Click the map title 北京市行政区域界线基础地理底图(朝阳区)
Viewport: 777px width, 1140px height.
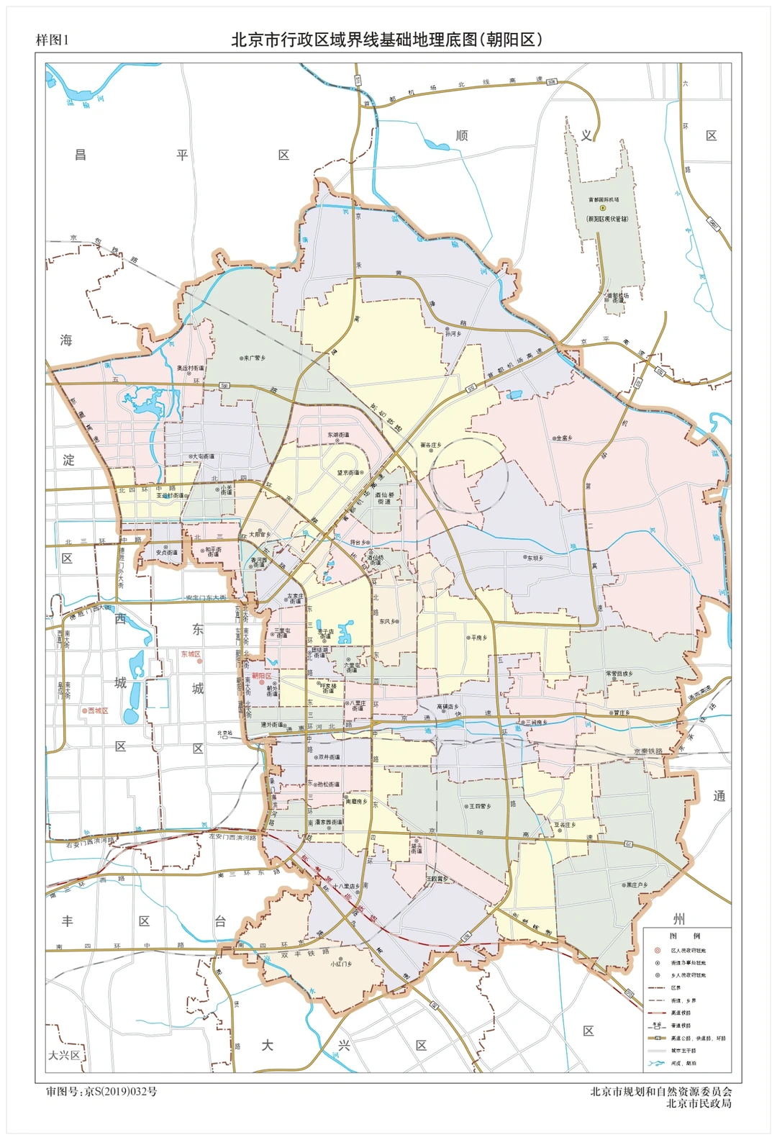click(386, 40)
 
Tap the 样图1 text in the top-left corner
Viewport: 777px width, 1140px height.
click(52, 40)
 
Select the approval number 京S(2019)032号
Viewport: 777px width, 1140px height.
click(101, 1091)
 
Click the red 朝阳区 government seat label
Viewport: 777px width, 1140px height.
click(261, 677)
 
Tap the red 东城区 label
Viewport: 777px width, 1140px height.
click(191, 654)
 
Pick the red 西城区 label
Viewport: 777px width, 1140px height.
click(96, 710)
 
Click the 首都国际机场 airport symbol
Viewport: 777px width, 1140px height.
click(602, 208)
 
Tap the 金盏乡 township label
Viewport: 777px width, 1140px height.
click(563, 438)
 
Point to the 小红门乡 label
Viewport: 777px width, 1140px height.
click(341, 963)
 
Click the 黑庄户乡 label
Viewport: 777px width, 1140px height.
click(637, 885)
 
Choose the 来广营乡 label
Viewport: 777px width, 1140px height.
click(254, 358)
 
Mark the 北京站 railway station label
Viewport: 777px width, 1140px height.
click(225, 733)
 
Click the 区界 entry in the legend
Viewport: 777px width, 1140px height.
click(676, 987)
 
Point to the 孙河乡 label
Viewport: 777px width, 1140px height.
click(453, 333)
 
